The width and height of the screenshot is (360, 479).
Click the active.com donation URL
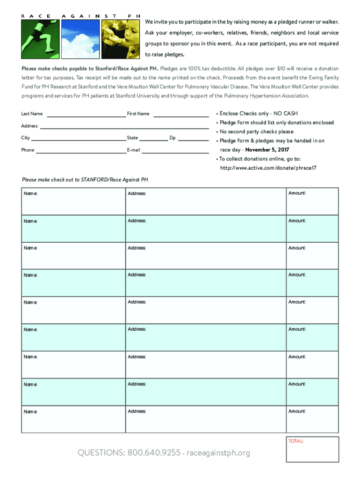(268, 168)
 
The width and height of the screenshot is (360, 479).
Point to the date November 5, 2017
(267, 150)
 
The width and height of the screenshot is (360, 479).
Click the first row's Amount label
(297, 193)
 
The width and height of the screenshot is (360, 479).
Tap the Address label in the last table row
(137, 412)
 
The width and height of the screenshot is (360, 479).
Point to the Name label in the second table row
(31, 221)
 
